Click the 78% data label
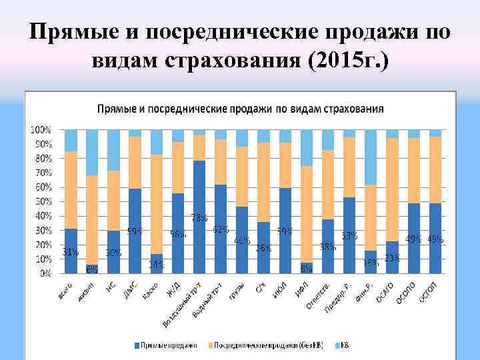(199, 217)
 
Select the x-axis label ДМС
(132, 287)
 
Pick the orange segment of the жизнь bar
(92, 220)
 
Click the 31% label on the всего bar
(71, 252)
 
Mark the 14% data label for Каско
(156, 265)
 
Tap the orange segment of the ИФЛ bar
(307, 213)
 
